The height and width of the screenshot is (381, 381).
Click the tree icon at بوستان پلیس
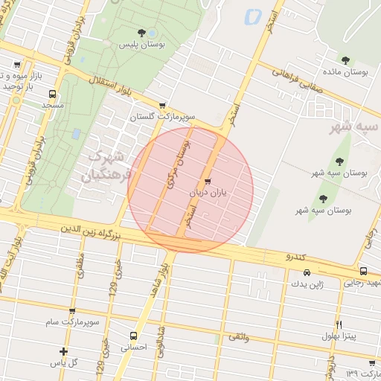[x=141, y=32]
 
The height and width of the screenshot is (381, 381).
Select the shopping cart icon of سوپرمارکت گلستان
[x=162, y=106]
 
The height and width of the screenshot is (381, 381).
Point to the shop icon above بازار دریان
[x=207, y=181]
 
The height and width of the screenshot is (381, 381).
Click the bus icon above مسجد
[x=52, y=95]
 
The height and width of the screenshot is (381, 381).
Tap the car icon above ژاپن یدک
[x=287, y=272]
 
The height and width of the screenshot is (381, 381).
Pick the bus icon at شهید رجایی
[x=363, y=272]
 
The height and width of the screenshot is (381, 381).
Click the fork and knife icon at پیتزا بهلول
[x=339, y=324]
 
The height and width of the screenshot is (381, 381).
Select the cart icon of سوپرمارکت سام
[x=71, y=311]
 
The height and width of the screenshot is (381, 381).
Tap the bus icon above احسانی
[x=133, y=336]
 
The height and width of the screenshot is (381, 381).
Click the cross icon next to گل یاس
[x=63, y=351]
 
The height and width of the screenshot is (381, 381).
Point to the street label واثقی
[x=239, y=338]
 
